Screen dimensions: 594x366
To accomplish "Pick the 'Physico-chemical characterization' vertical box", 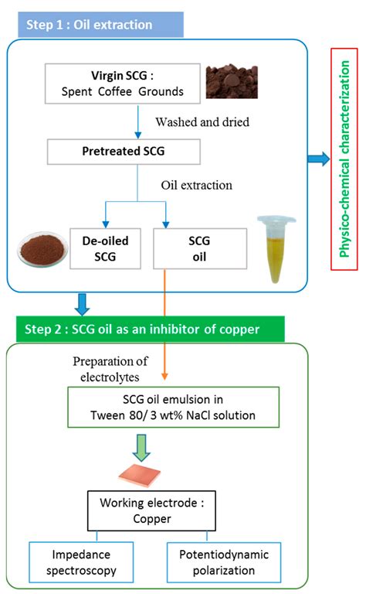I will [344, 159].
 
